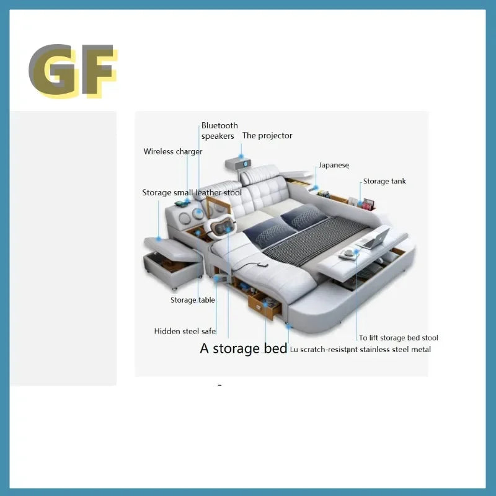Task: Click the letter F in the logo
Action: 96,71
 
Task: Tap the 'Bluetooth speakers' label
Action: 219,131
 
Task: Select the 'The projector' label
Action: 267,136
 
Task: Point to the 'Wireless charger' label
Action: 173,151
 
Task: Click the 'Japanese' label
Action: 334,166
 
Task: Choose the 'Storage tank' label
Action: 384,181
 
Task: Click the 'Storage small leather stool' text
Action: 192,193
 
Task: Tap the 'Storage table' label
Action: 193,300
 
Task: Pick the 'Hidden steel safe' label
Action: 185,331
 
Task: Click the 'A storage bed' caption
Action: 243,348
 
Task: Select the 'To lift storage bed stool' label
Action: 399,338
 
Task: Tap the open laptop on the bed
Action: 375,238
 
